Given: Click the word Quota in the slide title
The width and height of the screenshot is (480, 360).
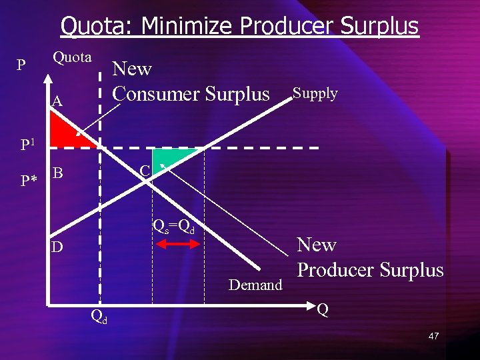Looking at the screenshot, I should (93, 27).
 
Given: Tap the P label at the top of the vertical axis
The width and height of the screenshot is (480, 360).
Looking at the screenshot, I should (22, 65).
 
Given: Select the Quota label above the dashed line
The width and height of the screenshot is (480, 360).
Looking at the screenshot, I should (72, 57).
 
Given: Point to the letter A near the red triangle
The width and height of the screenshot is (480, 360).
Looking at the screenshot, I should (58, 101).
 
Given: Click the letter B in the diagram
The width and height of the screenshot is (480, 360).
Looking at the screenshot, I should (58, 173).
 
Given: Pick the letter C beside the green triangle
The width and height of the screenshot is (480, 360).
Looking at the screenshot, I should (145, 171).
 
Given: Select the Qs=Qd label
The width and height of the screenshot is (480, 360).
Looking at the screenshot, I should (175, 226).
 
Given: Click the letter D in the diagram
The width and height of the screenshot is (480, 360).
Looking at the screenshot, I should (58, 247).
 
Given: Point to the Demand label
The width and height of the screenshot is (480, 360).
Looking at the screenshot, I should (255, 285).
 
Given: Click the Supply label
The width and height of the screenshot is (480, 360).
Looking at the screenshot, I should (315, 93).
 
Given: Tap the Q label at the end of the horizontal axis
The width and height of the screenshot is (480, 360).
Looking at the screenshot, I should (323, 309).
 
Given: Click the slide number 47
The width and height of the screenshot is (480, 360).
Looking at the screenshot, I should (433, 336).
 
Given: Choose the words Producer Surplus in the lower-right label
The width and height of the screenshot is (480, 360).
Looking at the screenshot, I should (370, 270).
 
